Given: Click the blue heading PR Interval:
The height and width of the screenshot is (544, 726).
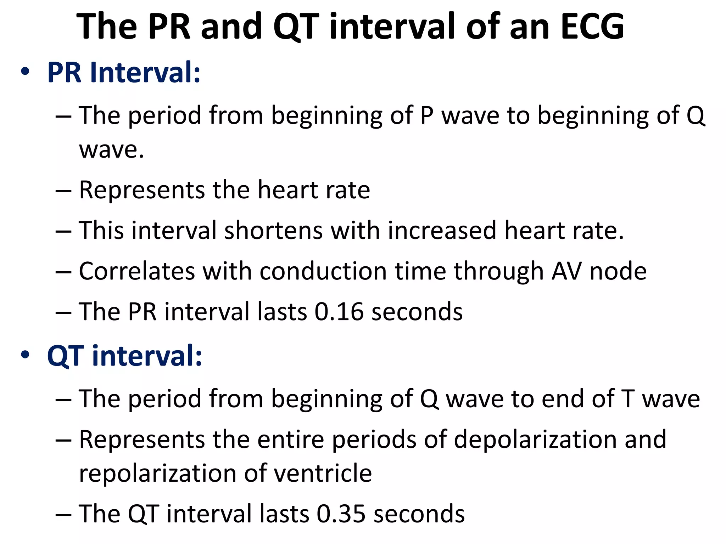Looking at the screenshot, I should point(124,73).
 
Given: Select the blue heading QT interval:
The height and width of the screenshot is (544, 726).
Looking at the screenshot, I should point(124,356).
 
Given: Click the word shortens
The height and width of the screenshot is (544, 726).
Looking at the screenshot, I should point(273,231).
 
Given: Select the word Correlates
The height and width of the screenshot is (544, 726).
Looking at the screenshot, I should point(137,272).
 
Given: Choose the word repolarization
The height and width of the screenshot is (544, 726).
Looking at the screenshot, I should point(158,474).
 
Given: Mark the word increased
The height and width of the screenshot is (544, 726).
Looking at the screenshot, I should point(442,231).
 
